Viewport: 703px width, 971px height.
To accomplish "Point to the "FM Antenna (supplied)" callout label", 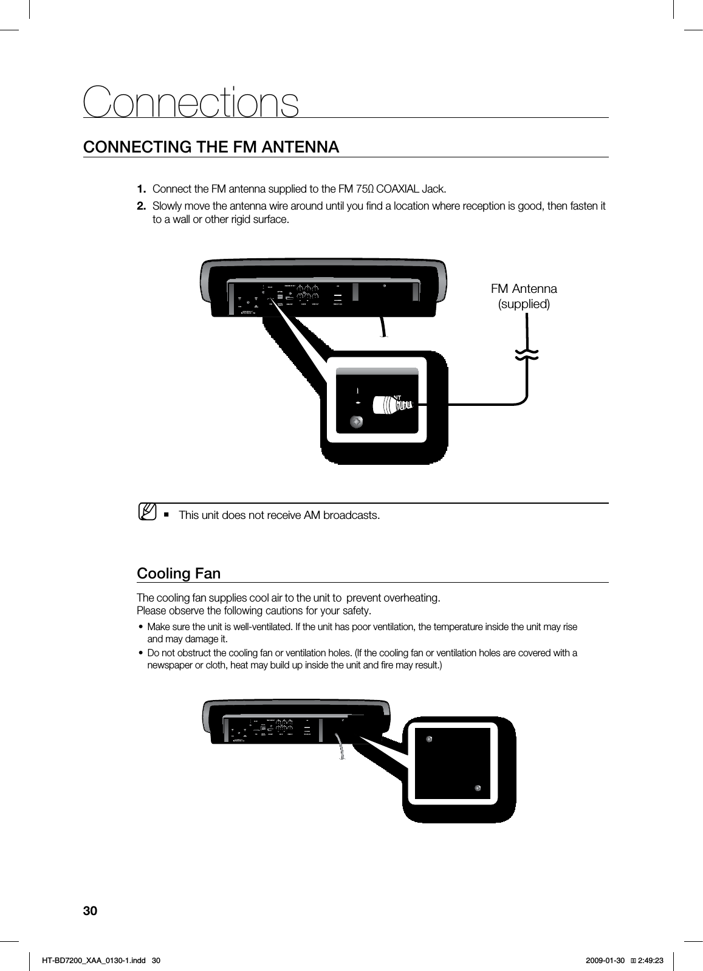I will coord(523,296).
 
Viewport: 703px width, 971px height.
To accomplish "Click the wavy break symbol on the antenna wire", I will coord(527,356).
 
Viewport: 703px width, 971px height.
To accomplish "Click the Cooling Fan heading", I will coord(179,574).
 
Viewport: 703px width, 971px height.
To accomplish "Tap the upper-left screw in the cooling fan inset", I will coord(429,739).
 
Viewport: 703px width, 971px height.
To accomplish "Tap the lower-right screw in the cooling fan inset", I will coord(478,788).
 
